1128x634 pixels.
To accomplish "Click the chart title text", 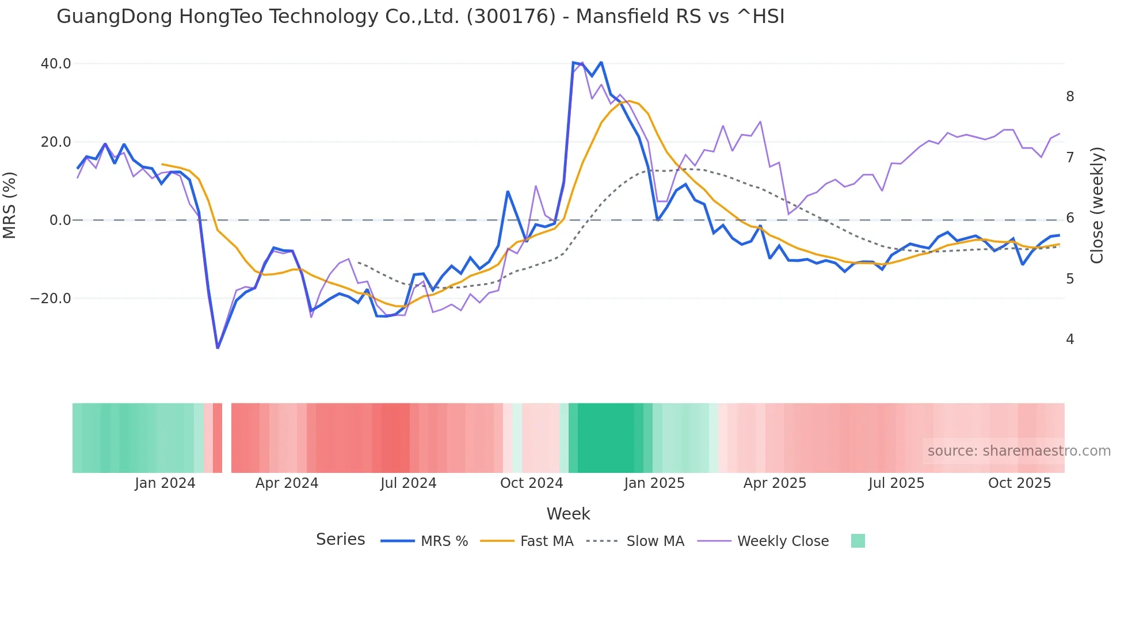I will pos(420,17).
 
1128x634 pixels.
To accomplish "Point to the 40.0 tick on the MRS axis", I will pos(56,64).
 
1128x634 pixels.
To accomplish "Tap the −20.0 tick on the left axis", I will pos(51,299).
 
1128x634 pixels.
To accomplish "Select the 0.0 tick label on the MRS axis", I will pos(60,220).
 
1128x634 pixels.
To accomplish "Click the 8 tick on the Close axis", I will pos(1070,97).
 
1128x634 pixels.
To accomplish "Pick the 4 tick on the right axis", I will pos(1070,339).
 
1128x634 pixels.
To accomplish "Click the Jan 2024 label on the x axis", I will pos(165,483).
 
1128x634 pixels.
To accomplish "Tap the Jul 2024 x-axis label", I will pos(409,483).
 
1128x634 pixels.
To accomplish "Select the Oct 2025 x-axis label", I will pos(1019,483).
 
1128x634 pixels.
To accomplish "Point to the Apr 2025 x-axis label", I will pos(775,483).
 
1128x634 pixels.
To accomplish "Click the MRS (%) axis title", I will pos(10,205).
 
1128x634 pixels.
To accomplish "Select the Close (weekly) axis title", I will pos(1097,205).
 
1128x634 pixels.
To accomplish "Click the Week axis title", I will pos(568,514).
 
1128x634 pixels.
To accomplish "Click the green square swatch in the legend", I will pos(858,541).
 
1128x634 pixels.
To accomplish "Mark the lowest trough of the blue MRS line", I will pos(218,347).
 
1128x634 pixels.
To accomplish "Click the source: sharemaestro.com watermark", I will pos(1019,451).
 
